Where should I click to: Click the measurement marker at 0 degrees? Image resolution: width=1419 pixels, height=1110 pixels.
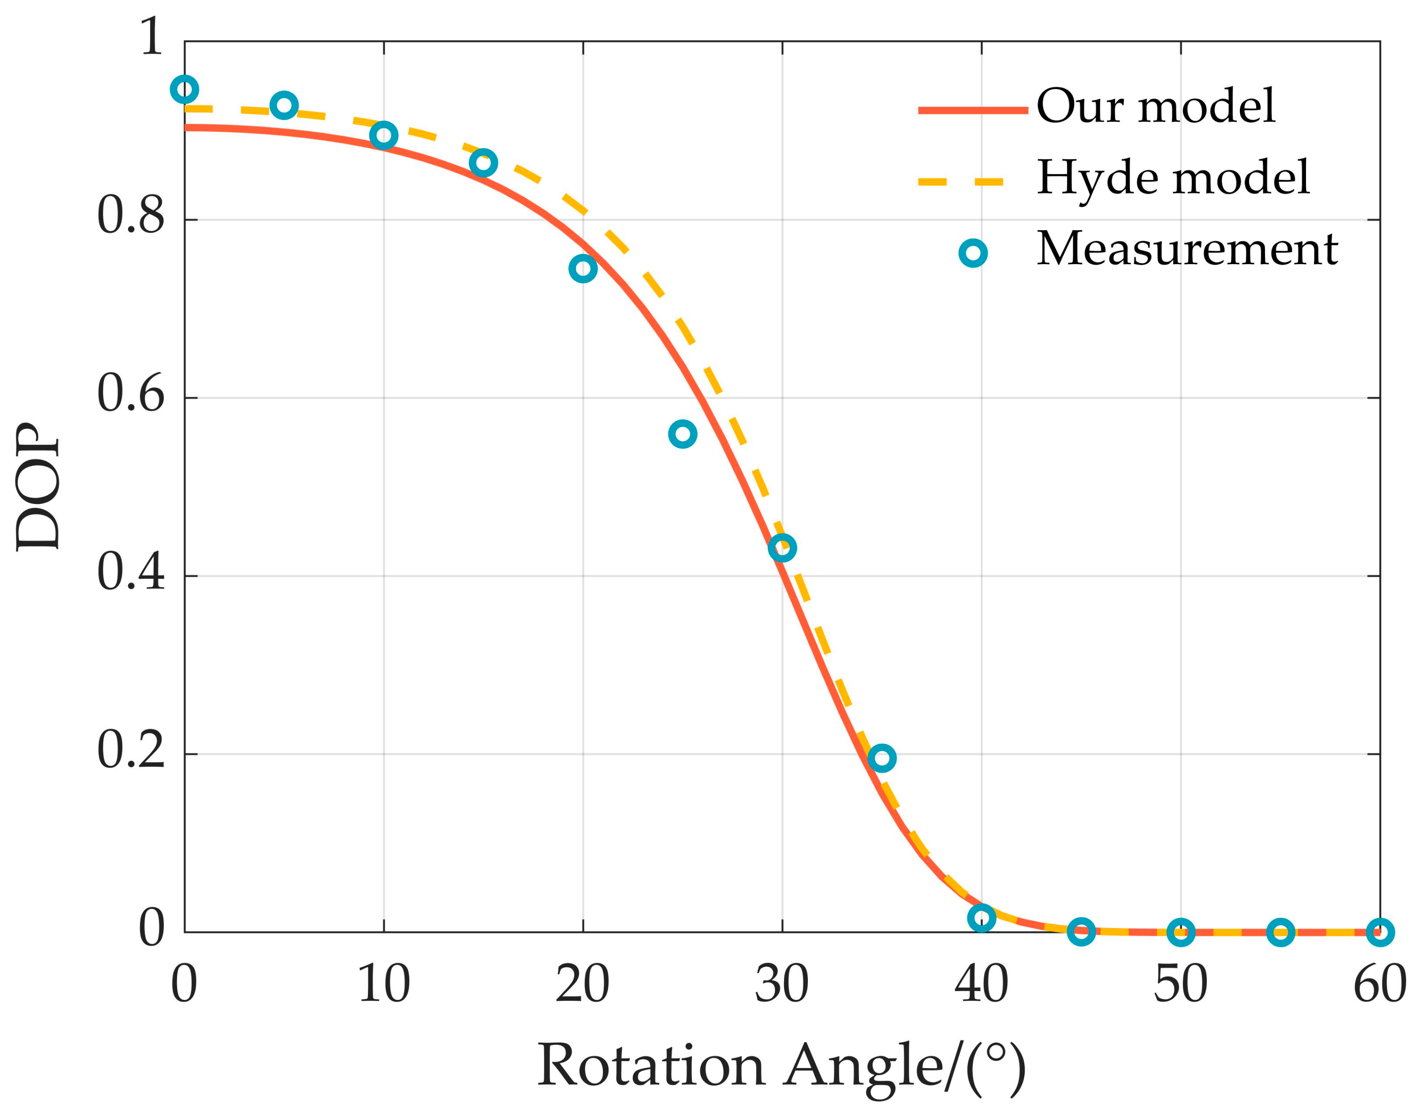pyautogui.click(x=185, y=90)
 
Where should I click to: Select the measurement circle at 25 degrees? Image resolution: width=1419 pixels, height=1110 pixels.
pyautogui.click(x=683, y=434)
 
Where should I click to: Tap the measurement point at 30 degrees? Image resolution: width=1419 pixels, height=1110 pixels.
pyautogui.click(x=782, y=548)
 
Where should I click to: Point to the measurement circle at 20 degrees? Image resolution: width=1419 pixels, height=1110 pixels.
pyautogui.click(x=583, y=268)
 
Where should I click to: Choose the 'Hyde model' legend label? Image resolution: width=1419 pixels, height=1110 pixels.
pyautogui.click(x=1172, y=177)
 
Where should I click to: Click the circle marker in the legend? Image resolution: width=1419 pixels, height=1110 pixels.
pyautogui.click(x=973, y=253)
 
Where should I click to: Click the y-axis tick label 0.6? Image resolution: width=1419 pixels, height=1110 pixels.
pyautogui.click(x=131, y=394)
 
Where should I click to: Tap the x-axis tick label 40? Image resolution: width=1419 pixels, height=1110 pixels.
pyautogui.click(x=981, y=984)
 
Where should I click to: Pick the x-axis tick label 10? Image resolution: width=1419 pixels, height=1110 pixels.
pyautogui.click(x=383, y=984)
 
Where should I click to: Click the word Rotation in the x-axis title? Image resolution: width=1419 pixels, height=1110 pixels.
pyautogui.click(x=650, y=1066)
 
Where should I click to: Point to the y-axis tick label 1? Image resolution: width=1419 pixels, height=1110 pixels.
pyautogui.click(x=152, y=37)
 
